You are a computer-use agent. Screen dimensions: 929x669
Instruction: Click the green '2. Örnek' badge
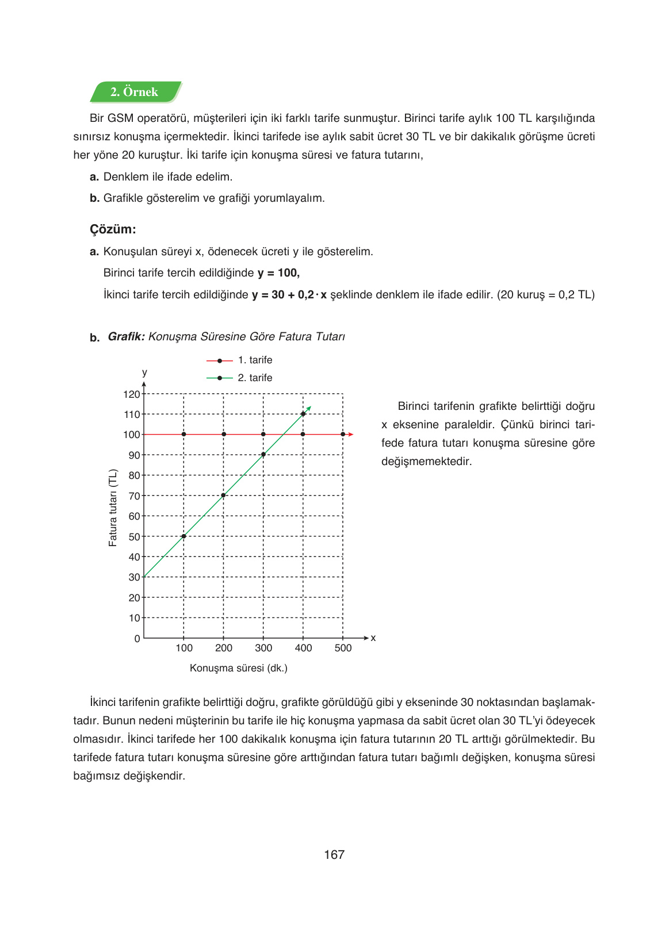[135, 92]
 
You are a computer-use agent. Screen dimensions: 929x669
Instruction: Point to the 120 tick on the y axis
[132, 394]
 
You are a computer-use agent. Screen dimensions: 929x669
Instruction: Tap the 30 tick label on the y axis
[134, 577]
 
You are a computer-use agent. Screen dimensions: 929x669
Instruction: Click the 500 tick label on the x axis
[343, 648]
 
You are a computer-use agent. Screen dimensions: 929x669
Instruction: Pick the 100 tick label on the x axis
[184, 648]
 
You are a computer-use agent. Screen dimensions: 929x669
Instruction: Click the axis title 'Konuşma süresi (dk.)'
[239, 668]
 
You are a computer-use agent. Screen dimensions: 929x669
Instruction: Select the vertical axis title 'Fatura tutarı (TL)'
[113, 508]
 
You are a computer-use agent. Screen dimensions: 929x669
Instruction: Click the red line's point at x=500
[343, 435]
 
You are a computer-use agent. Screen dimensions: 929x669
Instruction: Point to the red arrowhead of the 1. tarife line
[351, 435]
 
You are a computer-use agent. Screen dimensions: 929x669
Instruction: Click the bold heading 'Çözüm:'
[113, 229]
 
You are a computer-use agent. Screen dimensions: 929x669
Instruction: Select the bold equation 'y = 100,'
[278, 273]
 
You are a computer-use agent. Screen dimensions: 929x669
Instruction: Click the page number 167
[334, 855]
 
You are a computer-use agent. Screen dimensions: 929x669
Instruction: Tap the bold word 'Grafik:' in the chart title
[126, 337]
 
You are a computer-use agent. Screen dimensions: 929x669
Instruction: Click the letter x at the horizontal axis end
[373, 638]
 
